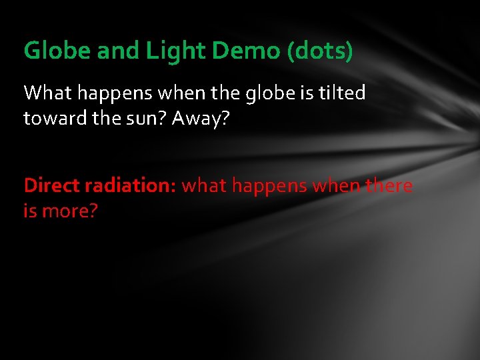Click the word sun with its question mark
coord(149,119)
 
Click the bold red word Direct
coord(52,185)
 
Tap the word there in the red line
coord(389,185)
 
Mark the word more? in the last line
coord(70,212)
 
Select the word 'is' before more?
coord(30,212)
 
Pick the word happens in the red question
coord(269,186)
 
